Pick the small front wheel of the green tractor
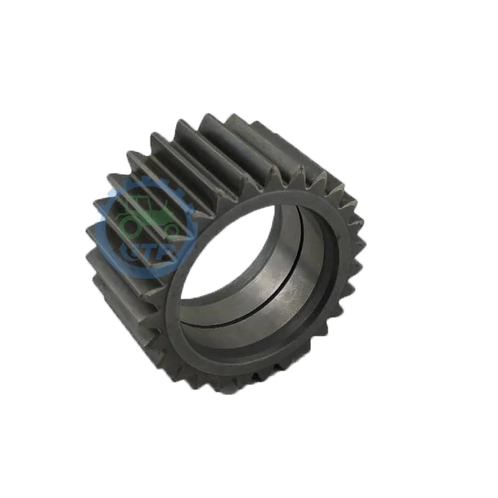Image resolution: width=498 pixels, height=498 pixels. click(x=169, y=231)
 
